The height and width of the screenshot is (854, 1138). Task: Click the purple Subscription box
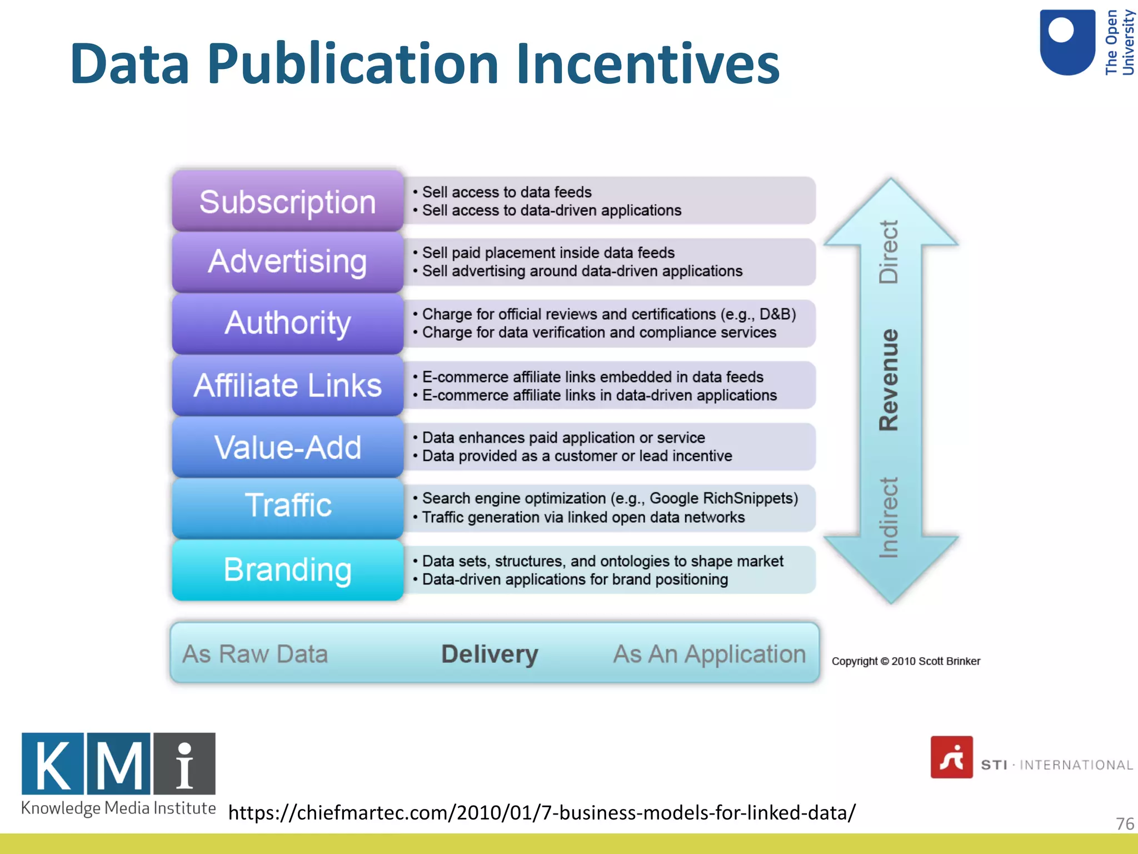point(287,201)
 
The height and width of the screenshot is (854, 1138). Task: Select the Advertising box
point(287,262)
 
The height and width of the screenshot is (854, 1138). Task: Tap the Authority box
point(287,323)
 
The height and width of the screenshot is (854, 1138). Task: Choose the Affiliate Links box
point(287,385)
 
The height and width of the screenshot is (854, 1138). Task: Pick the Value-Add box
point(287,447)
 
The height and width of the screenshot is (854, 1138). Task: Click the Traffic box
point(287,506)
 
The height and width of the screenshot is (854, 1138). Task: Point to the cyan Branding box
point(287,570)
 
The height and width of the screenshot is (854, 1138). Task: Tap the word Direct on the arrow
point(889,252)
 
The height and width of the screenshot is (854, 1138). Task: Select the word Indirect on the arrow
point(889,517)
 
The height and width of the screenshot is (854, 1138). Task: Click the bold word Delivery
point(490,654)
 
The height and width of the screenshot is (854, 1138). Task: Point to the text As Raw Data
point(255,654)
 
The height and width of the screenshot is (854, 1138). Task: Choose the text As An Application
point(709,654)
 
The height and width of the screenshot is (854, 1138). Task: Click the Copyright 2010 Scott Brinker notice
point(906,661)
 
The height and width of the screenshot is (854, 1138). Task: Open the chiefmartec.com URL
point(542,812)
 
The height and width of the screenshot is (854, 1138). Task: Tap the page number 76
point(1125,823)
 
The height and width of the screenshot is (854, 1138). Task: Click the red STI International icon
point(951,757)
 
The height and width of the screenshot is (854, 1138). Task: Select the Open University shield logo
point(1067,42)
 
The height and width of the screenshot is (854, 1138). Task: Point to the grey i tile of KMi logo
point(184,763)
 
